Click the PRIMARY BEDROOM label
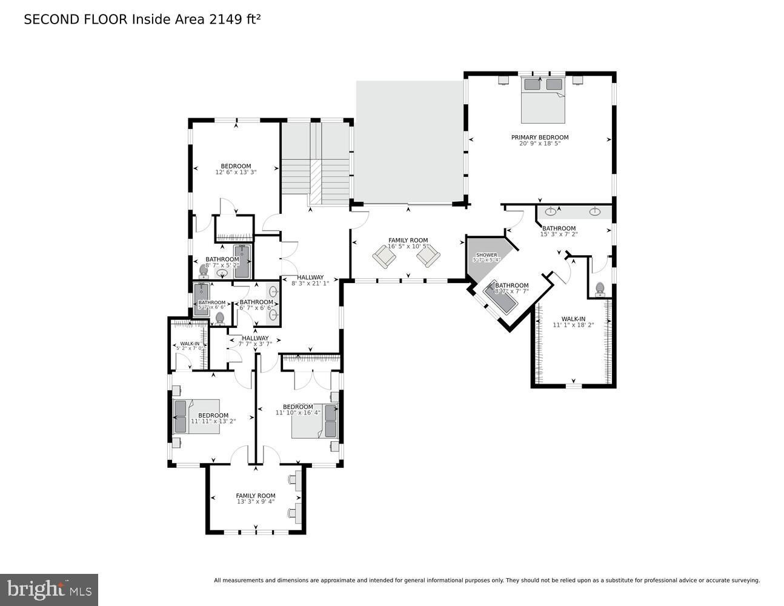pyautogui.click(x=539, y=138)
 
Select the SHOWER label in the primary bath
pyautogui.click(x=486, y=255)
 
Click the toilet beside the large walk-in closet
pyautogui.click(x=600, y=289)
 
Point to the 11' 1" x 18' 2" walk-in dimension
pyautogui.click(x=573, y=325)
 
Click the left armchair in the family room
pyautogui.click(x=384, y=257)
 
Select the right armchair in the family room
pyautogui.click(x=428, y=257)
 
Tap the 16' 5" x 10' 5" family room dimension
pyautogui.click(x=408, y=247)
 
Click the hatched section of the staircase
pyautogui.click(x=315, y=182)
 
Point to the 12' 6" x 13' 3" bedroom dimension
pyautogui.click(x=236, y=172)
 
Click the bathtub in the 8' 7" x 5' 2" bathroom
pyautogui.click(x=242, y=261)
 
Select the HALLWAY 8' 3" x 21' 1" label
pyautogui.click(x=310, y=281)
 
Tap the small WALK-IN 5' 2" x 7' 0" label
pyautogui.click(x=190, y=346)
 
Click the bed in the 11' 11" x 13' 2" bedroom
pyautogui.click(x=196, y=416)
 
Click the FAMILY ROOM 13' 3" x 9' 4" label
pyautogui.click(x=255, y=499)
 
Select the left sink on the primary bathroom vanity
pyautogui.click(x=551, y=211)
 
